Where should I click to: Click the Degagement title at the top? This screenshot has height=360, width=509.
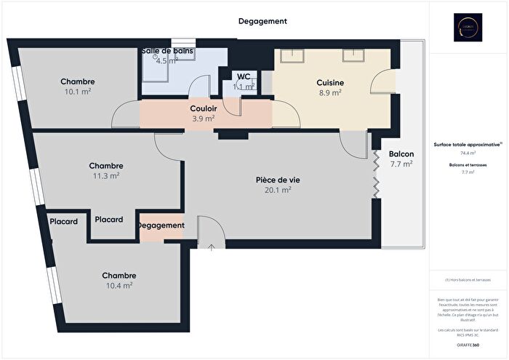click(x=262, y=22)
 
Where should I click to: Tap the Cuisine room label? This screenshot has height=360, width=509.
click(x=330, y=83)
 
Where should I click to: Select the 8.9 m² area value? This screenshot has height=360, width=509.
click(x=330, y=93)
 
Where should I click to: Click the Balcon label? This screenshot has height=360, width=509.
click(x=401, y=154)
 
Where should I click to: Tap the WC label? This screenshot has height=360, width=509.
click(x=243, y=76)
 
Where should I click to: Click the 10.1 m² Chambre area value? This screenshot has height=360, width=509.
click(x=78, y=92)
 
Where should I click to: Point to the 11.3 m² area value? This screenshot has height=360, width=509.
click(x=105, y=175)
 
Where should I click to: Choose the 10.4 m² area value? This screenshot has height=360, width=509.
click(x=119, y=286)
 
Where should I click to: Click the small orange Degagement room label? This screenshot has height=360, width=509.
click(x=161, y=225)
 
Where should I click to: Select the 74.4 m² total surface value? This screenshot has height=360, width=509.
click(x=468, y=153)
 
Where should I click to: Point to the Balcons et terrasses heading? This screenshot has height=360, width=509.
click(x=468, y=165)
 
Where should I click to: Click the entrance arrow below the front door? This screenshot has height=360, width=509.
click(x=211, y=248)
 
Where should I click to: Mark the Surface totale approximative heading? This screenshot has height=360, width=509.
click(x=467, y=145)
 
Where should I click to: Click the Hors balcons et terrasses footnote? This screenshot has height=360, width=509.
click(x=468, y=280)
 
